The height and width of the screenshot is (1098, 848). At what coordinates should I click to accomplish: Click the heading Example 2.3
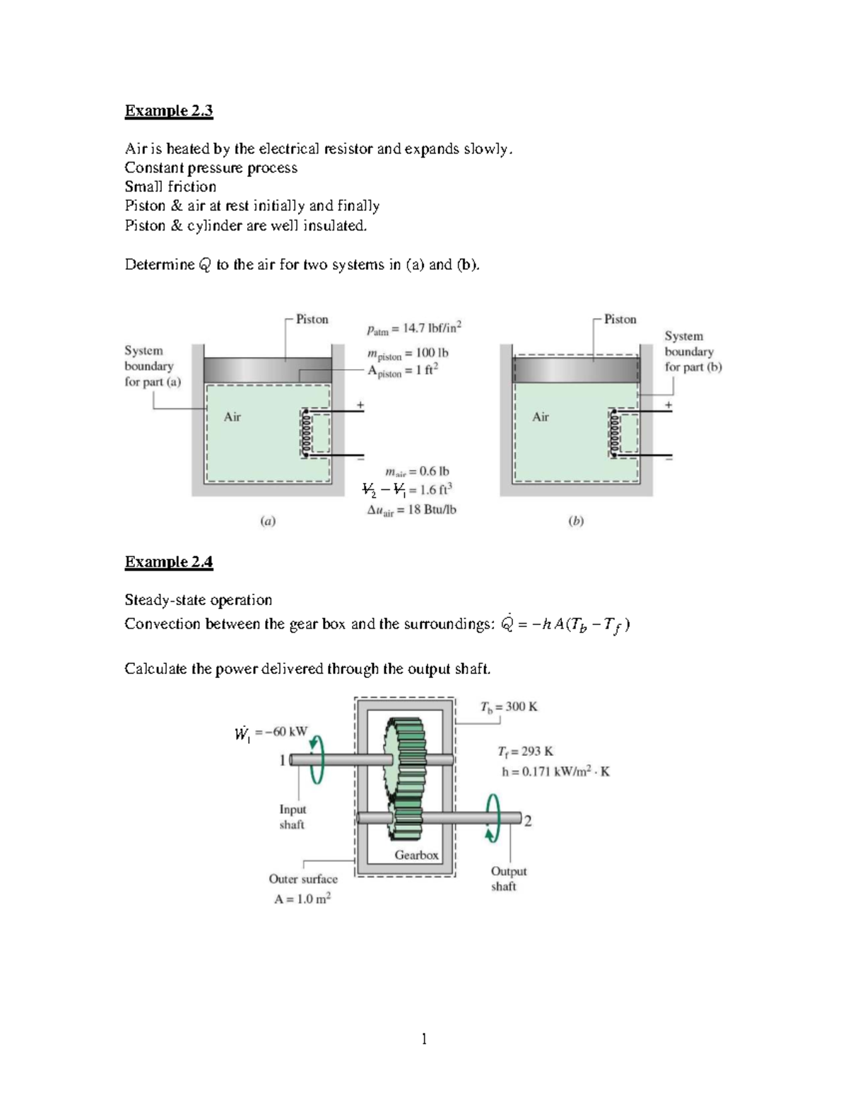click(x=168, y=111)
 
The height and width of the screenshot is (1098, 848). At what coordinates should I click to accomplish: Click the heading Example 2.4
click(x=168, y=562)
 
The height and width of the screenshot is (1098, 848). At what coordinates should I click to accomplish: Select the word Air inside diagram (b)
click(x=541, y=417)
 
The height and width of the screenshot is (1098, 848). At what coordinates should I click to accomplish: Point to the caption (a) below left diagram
click(x=267, y=522)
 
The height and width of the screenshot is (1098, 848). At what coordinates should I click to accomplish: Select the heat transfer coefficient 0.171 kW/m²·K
click(x=555, y=772)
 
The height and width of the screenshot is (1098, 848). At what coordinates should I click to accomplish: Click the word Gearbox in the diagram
click(x=416, y=855)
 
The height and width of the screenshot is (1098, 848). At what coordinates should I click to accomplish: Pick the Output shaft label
click(x=508, y=879)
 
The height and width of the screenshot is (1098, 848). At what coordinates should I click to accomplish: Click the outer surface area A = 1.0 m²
click(x=302, y=899)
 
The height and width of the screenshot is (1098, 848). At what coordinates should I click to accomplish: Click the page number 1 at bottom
click(x=424, y=1039)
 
